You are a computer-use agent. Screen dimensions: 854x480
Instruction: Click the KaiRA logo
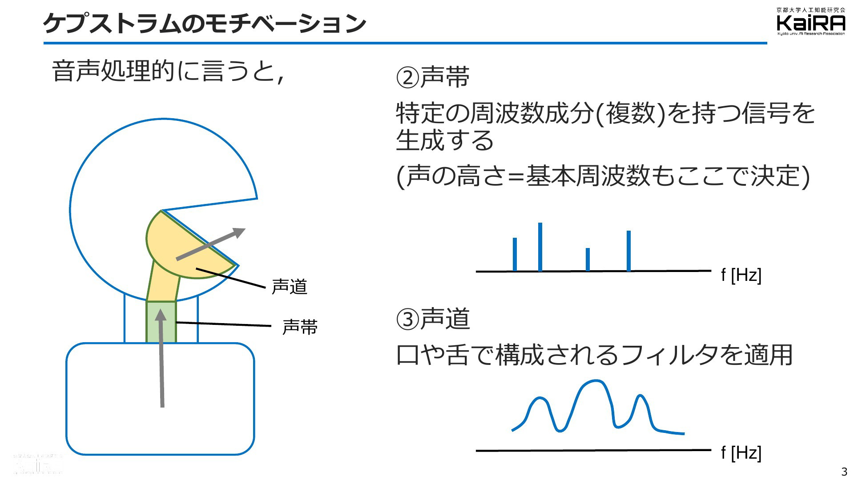pos(811,22)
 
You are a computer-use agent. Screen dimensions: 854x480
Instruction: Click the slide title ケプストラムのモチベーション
pos(205,24)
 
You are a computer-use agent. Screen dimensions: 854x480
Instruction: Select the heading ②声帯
pos(432,76)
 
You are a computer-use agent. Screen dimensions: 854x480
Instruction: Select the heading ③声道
pos(432,319)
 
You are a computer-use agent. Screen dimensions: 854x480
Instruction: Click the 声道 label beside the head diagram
pos(290,287)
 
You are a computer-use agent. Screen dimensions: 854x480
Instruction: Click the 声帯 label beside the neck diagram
pos(300,327)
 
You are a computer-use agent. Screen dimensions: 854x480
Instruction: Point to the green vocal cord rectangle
pos(161,322)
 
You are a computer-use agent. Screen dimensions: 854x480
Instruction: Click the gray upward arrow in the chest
pos(161,358)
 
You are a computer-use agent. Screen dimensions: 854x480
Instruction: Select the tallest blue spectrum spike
pos(540,247)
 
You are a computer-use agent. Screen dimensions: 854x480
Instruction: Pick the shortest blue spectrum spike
pos(588,260)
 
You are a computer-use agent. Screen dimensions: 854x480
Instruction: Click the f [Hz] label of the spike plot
pos(741,275)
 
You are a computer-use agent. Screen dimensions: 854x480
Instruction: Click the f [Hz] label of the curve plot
pos(741,453)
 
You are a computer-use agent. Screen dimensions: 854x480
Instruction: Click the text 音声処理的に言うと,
pos(168,71)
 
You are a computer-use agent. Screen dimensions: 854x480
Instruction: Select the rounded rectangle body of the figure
pos(160,399)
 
